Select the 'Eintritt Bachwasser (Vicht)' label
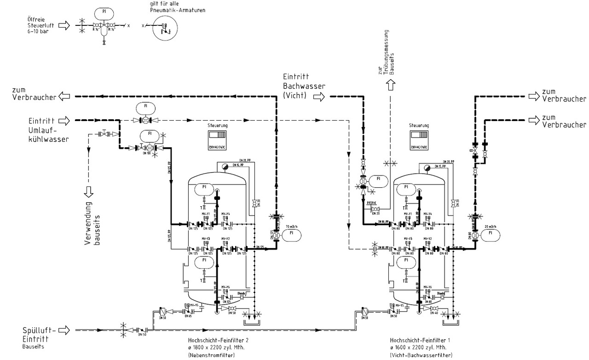coord(298,86)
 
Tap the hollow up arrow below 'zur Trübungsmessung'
coord(391,85)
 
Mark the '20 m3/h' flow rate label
coord(491,226)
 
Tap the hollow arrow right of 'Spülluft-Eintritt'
coord(64,330)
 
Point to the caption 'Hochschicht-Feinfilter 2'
coord(215,340)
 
